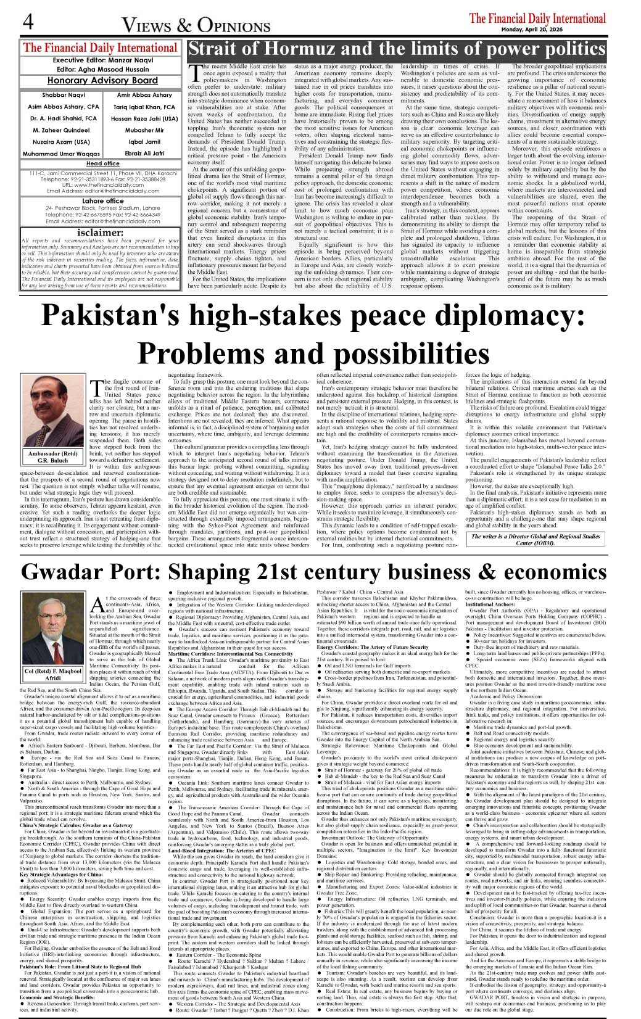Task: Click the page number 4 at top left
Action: [27, 22]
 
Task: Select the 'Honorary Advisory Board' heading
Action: [102, 80]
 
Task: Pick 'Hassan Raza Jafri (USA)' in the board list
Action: [144, 118]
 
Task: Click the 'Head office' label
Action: [102, 163]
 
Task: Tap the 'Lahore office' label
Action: [102, 200]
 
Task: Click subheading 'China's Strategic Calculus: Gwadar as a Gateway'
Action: [76, 825]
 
